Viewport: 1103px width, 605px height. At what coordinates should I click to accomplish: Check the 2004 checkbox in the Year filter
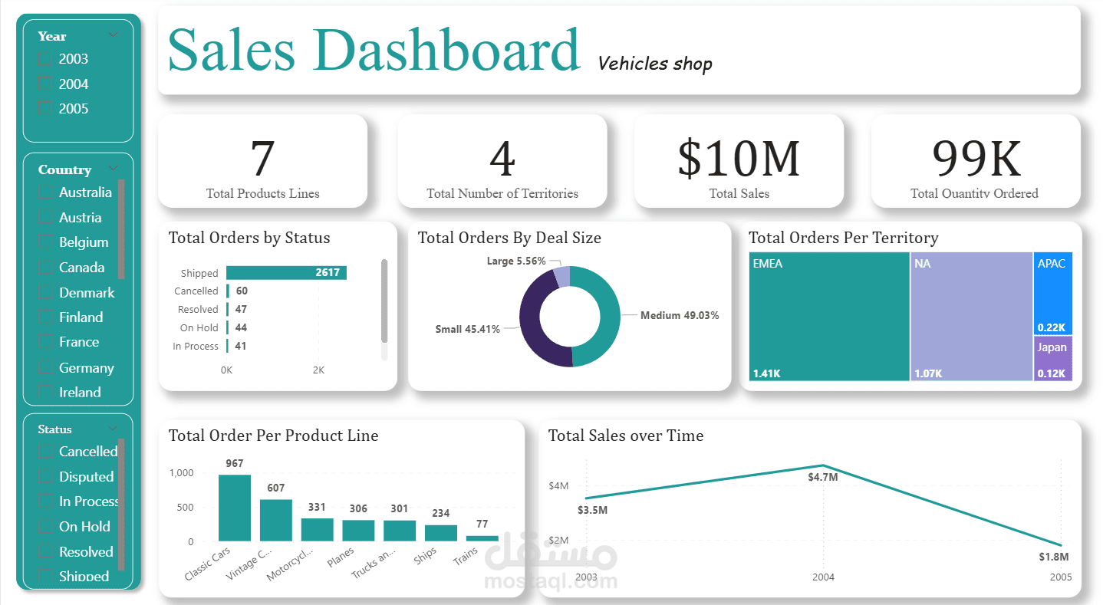tap(45, 84)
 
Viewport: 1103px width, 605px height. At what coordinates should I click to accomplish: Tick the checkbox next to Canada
tap(45, 268)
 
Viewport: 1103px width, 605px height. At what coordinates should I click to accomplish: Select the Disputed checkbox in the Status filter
tap(45, 477)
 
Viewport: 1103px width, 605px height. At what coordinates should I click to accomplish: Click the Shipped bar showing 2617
tap(286, 273)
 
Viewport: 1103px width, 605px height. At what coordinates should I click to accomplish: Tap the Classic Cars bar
tap(234, 508)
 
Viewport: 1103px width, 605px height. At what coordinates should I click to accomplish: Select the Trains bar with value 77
tap(482, 538)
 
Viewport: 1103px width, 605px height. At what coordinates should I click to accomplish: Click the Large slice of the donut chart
tap(562, 277)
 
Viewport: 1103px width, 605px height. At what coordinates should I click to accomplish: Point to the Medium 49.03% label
tap(680, 315)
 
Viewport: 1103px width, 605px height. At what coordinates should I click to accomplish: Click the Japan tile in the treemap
tap(1052, 358)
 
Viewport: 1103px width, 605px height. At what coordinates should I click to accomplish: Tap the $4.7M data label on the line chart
tap(822, 477)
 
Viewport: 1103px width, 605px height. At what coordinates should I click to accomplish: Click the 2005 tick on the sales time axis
tap(1061, 577)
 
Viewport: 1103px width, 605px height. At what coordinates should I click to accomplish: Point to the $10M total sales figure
tap(738, 158)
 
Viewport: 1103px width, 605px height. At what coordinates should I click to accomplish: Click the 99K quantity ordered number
tap(975, 158)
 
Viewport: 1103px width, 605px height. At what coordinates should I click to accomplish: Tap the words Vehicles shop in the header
tap(654, 64)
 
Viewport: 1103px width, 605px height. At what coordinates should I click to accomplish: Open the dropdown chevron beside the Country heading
tap(114, 169)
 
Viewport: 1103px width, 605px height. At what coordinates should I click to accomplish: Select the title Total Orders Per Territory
tap(843, 238)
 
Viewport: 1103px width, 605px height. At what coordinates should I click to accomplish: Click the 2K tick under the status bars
tap(318, 370)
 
